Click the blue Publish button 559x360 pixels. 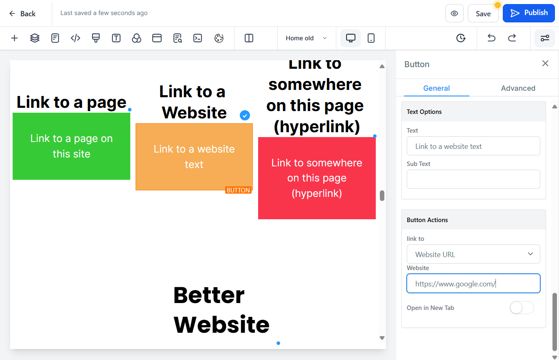(x=528, y=13)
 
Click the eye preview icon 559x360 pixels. (x=454, y=13)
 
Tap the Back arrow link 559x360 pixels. (x=22, y=13)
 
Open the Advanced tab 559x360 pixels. (x=518, y=88)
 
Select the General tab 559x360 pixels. (x=436, y=88)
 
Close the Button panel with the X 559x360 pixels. (x=545, y=63)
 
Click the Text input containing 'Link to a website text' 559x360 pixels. (x=473, y=146)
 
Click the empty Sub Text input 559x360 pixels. (x=473, y=179)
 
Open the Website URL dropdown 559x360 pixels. (x=473, y=254)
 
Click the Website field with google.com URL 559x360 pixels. (x=473, y=284)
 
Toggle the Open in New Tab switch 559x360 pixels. (x=522, y=308)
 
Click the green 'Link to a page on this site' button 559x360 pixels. (x=71, y=146)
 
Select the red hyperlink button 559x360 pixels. (x=317, y=178)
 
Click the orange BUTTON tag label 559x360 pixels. (x=238, y=190)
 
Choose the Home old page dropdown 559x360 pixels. (x=306, y=38)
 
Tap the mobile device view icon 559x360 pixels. (x=371, y=38)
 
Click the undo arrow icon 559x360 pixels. (x=491, y=38)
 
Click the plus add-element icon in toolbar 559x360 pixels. (x=15, y=38)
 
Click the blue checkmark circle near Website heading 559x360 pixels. (x=245, y=116)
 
